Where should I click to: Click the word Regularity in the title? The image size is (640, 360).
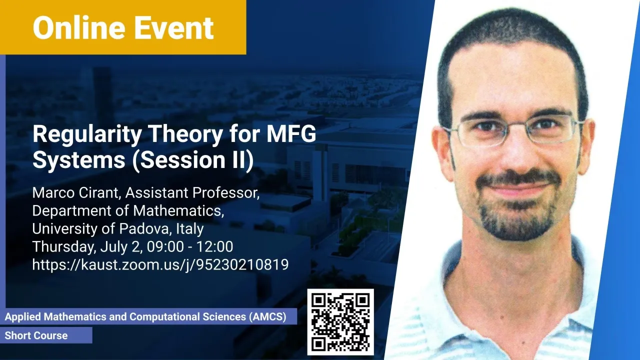coord(87,135)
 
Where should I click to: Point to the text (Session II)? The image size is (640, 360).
coord(193,159)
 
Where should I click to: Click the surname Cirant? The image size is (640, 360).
coord(98,192)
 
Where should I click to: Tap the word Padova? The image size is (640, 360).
coord(144,228)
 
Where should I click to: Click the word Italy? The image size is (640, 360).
coord(189,229)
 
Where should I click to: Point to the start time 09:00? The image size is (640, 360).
coord(165,246)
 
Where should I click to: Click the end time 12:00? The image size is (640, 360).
coord(214,246)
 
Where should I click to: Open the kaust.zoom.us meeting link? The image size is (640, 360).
coord(160,265)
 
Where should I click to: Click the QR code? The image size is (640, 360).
coord(340,322)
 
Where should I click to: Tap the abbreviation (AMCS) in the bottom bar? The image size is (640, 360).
coord(267,317)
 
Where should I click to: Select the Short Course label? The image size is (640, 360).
coord(36,335)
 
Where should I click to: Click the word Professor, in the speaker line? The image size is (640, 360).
coord(225,193)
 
